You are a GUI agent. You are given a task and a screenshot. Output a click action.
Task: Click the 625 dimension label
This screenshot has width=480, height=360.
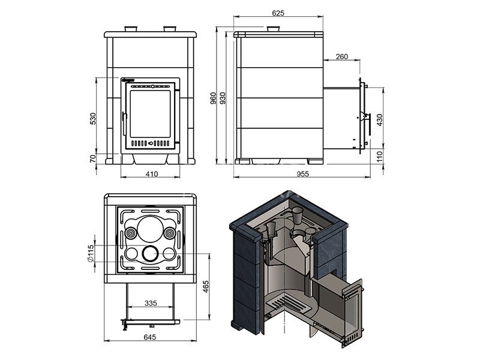click(278, 13)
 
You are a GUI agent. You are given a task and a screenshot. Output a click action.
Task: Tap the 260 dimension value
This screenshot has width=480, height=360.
click(341, 56)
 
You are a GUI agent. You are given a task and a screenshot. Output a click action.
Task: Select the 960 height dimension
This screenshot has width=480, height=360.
click(213, 98)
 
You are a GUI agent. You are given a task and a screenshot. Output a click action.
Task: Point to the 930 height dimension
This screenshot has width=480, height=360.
click(223, 98)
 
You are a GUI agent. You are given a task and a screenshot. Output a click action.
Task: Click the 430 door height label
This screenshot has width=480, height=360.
click(379, 120)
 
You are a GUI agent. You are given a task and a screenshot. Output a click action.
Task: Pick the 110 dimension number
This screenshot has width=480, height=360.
click(379, 157)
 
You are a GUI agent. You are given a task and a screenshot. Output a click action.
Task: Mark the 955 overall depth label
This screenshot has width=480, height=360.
click(302, 174)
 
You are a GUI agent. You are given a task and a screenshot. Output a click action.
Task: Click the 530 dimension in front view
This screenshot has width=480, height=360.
click(93, 119)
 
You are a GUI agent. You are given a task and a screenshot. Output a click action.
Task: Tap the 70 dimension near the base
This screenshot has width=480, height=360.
click(93, 158)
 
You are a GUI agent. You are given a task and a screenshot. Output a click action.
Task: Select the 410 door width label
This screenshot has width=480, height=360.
click(152, 174)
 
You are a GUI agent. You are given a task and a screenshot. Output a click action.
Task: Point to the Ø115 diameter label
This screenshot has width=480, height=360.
click(90, 253)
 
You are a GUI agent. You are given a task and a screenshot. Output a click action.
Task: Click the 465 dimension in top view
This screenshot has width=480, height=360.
click(206, 287)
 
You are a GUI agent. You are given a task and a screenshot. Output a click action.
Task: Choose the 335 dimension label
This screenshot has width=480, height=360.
click(151, 303)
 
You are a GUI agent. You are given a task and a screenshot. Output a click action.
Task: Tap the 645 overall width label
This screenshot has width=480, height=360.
click(149, 337)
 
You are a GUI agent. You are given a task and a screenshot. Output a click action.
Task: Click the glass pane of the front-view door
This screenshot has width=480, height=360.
click(151, 114)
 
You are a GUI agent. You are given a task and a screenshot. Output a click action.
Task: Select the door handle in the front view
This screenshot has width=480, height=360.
click(124, 124)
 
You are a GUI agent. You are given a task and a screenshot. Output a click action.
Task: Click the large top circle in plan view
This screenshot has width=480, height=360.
click(151, 229)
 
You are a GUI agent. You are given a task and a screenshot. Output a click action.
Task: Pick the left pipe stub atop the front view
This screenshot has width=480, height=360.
click(131, 29)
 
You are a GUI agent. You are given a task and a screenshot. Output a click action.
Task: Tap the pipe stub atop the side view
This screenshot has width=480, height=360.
click(274, 29)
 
